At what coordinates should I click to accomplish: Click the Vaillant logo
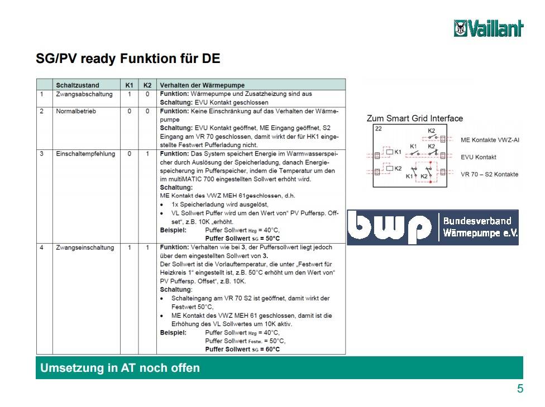coord(489,28)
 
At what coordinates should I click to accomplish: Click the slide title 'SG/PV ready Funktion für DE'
coord(128,59)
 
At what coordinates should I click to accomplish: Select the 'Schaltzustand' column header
coord(78,85)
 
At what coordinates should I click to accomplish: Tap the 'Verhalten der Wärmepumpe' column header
coord(202,85)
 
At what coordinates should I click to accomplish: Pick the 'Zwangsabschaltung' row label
coord(84,94)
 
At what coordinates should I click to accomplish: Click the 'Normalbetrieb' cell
coord(76,111)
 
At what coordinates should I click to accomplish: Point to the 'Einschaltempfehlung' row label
coord(85,154)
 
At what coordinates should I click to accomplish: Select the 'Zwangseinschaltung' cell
coord(85,248)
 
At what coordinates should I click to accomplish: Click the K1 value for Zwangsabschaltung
coord(130,94)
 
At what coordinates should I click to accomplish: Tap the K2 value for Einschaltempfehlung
coord(147,154)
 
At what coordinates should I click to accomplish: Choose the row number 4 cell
coord(42,248)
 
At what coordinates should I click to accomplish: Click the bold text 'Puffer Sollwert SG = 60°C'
coord(242,349)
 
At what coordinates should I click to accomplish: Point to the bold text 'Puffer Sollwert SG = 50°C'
coord(242,239)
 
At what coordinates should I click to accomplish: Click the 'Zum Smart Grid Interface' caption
coord(415,118)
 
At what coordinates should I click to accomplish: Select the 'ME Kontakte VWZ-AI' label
coord(490,140)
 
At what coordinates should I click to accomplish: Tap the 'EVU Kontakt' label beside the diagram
coord(478,157)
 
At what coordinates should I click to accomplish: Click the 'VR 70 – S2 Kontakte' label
coord(489,174)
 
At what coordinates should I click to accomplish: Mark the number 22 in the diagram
coord(379,129)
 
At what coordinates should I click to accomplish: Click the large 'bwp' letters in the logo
coord(389,227)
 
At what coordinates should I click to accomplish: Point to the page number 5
coord(520,388)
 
